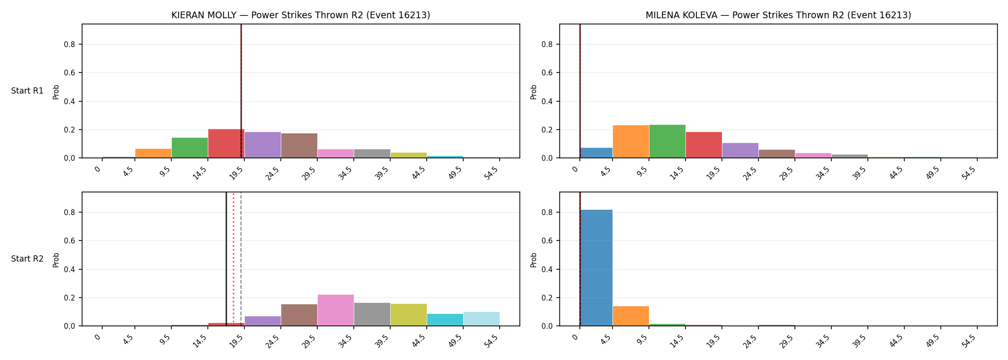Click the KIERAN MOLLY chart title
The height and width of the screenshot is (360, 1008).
point(301,15)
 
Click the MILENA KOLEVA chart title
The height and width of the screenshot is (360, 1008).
point(778,15)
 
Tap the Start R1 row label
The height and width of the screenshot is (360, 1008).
point(27,91)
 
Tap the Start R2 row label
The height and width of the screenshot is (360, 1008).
point(27,259)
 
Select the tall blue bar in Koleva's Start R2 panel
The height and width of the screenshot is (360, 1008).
point(596,268)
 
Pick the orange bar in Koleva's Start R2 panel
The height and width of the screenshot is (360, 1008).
point(631,316)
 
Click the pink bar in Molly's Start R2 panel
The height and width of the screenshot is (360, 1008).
point(336,310)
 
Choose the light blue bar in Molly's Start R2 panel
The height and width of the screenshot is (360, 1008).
point(481,319)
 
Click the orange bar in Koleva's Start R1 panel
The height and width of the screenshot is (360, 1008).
point(631,142)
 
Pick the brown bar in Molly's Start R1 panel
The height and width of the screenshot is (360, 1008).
point(299,145)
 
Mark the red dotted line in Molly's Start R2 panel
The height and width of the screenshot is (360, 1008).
point(233,259)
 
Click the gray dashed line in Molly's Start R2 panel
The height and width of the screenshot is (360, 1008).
point(241,259)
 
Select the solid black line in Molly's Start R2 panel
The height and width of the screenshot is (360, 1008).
point(226,259)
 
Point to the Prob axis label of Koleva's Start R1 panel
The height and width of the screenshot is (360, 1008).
point(534,92)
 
